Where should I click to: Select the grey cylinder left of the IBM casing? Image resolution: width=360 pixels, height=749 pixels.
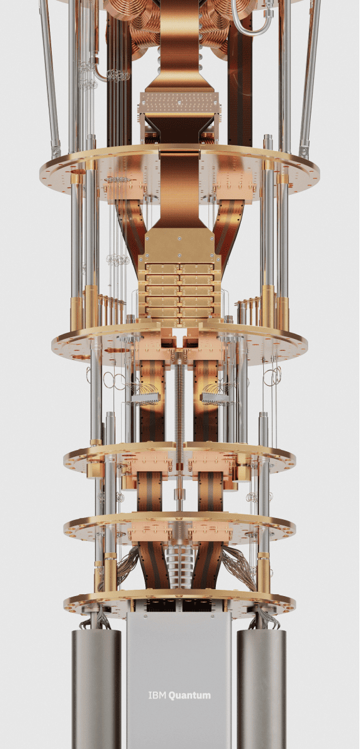click(97, 687)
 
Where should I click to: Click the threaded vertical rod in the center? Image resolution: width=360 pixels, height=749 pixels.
click(180, 406)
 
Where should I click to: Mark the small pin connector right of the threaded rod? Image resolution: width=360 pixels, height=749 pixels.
click(214, 397)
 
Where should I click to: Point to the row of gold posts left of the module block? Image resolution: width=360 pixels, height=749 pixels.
click(112, 309)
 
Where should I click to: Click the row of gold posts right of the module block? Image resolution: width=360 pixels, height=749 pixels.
click(248, 309)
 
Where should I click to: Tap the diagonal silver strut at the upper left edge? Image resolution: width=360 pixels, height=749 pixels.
click(50, 75)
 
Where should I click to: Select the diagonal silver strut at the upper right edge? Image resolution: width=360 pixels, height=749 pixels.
click(310, 75)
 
